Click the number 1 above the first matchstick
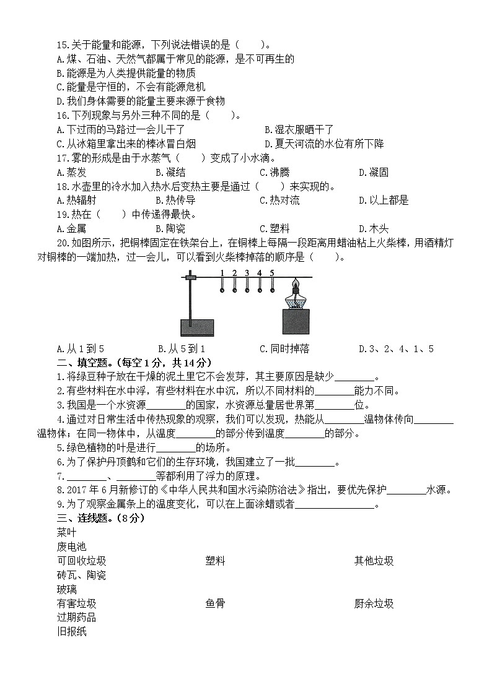(222, 273)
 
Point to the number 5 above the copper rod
(271, 273)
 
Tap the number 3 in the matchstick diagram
(247, 273)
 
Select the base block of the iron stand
(196, 328)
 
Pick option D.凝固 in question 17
(374, 172)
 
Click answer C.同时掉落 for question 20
(284, 348)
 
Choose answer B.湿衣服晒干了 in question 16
(299, 129)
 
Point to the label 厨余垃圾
(374, 603)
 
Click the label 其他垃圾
(374, 561)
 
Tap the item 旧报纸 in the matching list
(71, 632)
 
